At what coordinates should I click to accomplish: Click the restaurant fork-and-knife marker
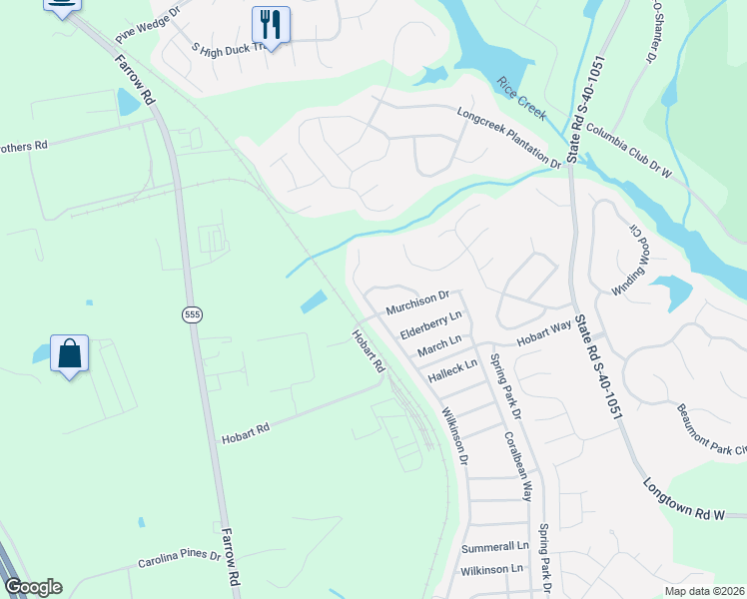coord(271,22)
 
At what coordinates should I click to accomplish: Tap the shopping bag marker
coord(69,353)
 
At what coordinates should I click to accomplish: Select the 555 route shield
coord(192,314)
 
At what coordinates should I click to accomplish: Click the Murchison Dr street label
coord(419,299)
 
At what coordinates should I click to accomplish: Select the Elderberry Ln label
coord(431,321)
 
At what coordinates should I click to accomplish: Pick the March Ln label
coord(439,344)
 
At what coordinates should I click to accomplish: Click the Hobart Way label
coord(543,332)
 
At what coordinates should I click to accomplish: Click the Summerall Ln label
coord(494,547)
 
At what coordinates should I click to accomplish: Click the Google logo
coord(33,587)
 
